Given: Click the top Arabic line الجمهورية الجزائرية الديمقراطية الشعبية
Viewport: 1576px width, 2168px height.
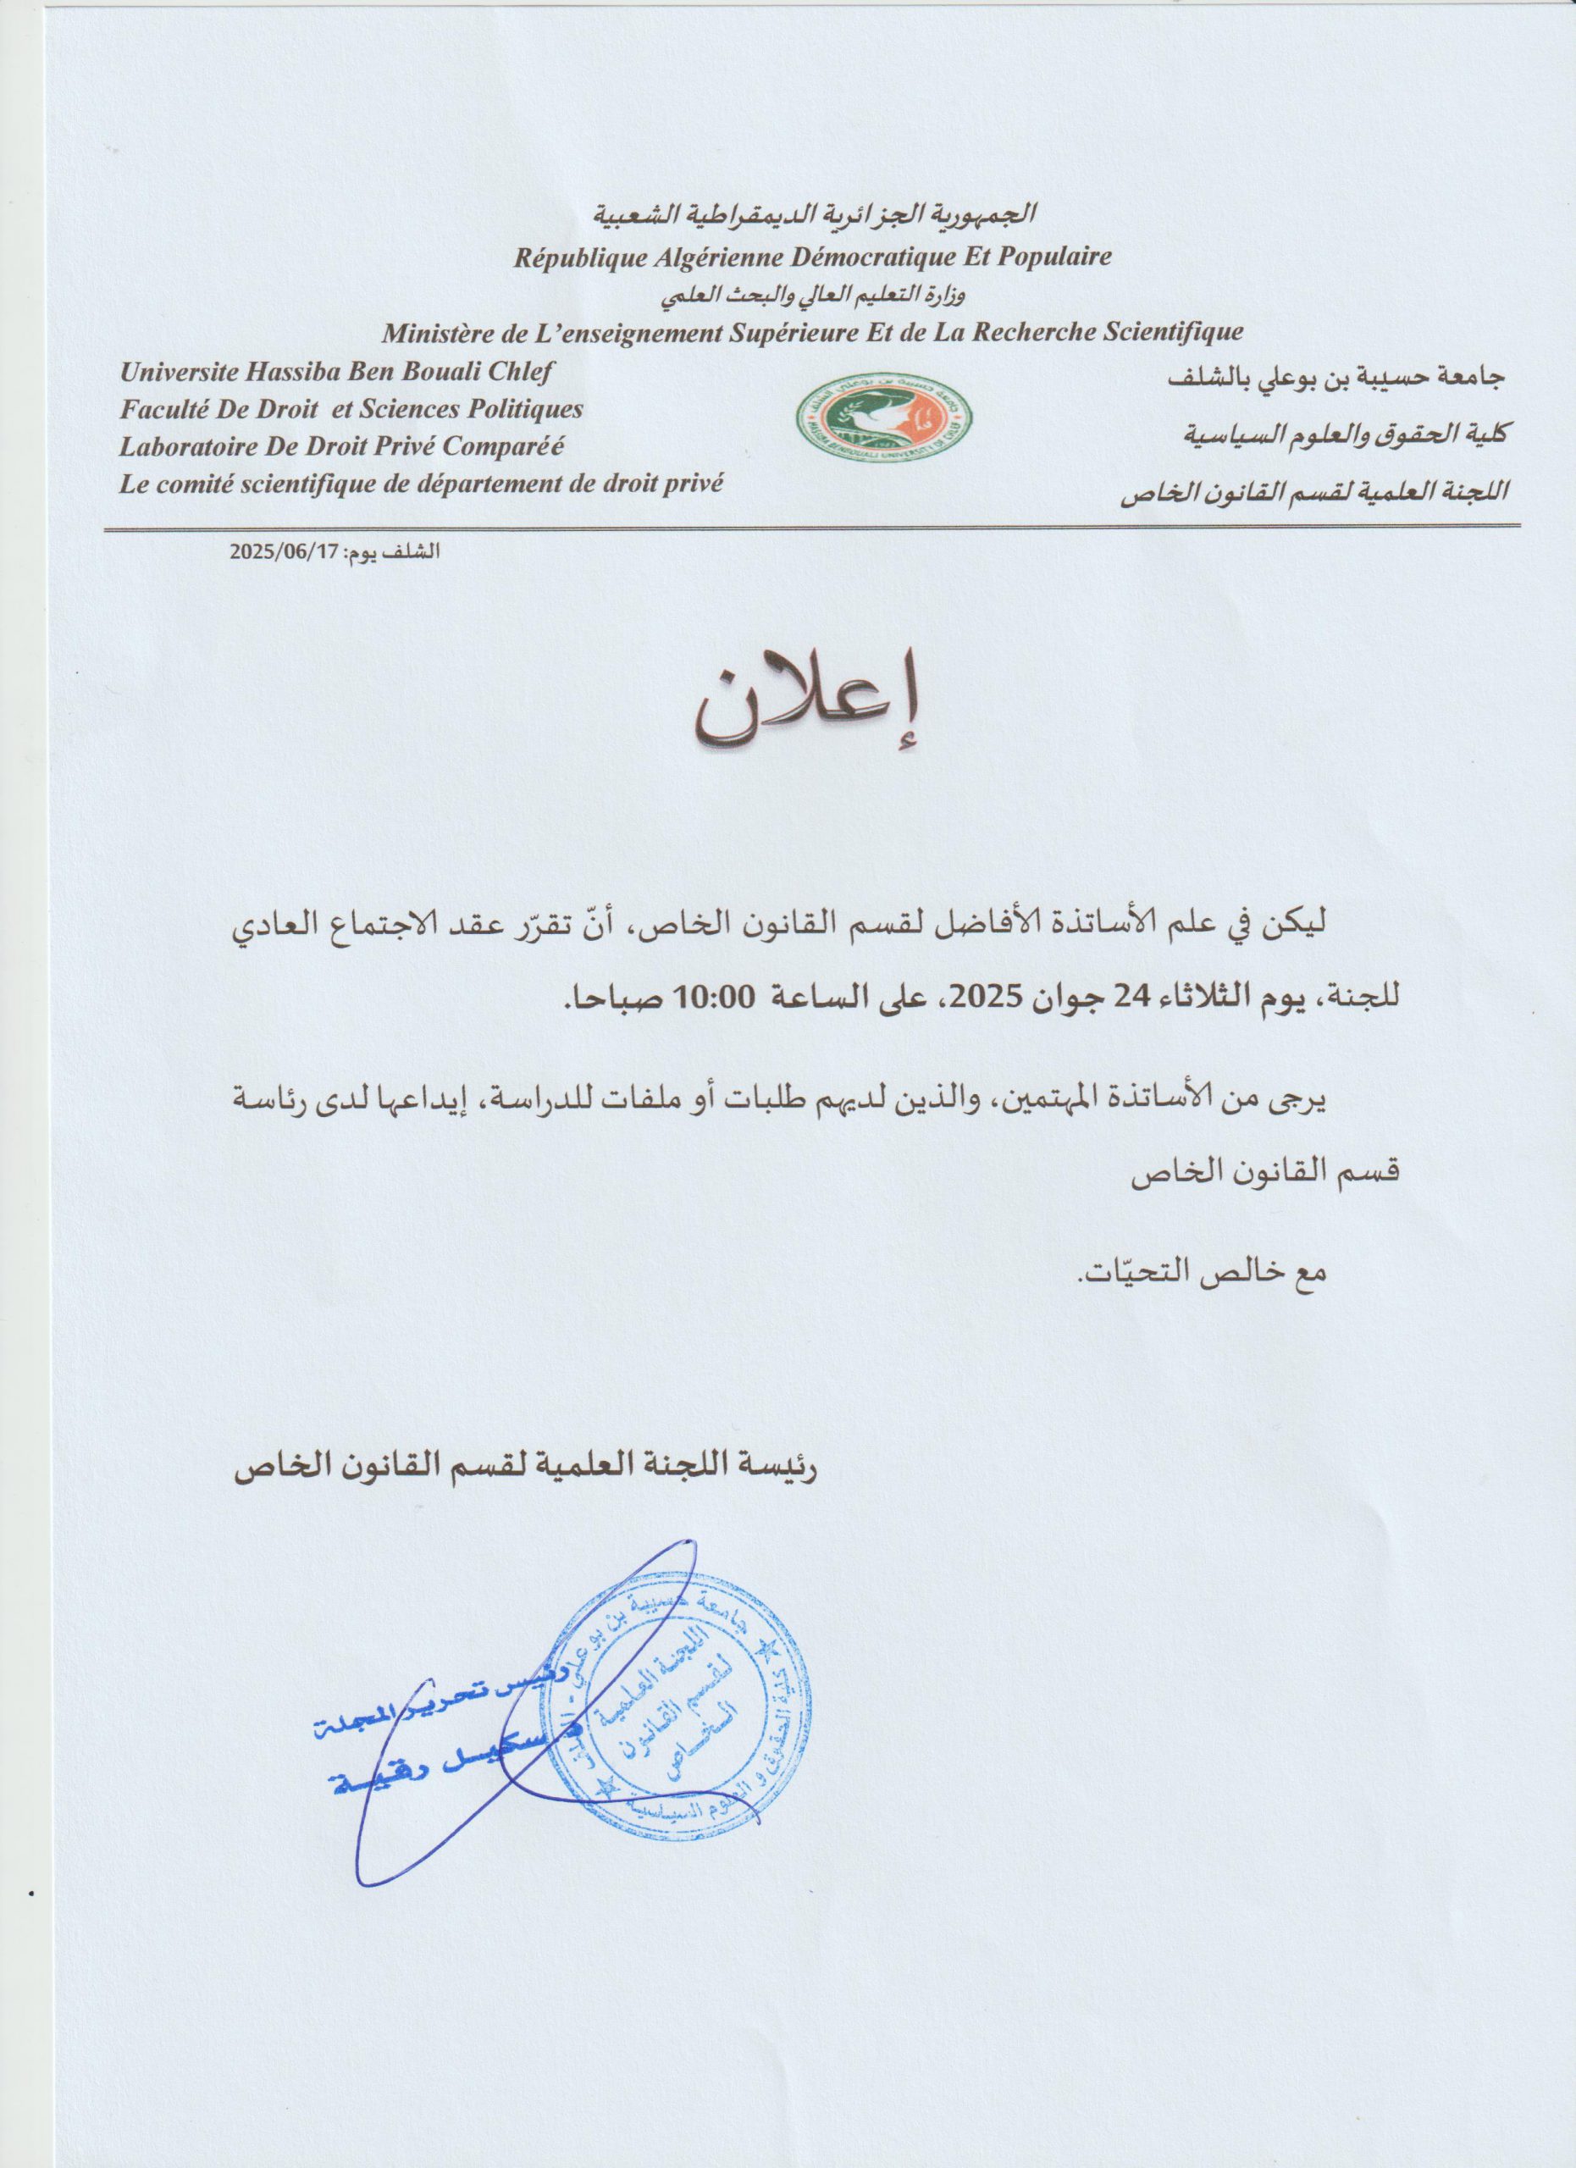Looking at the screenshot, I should point(815,213).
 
